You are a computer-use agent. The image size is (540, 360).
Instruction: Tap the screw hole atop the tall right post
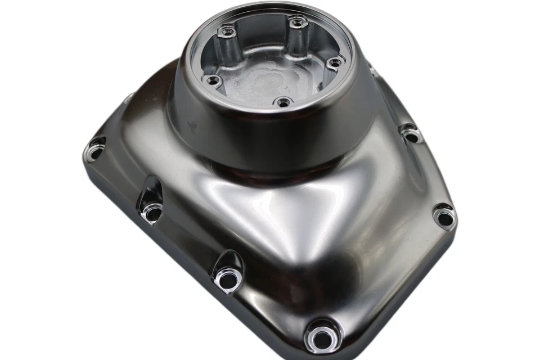297,22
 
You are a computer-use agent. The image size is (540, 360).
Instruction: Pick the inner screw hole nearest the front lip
283,102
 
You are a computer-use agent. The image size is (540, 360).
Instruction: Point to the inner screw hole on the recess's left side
212,80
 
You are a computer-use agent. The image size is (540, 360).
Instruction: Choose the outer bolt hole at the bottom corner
321,339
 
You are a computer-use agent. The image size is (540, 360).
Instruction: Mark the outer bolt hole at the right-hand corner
444,217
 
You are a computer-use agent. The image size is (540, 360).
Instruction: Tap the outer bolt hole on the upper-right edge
412,135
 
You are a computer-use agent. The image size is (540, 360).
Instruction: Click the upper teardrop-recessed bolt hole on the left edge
151,212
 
